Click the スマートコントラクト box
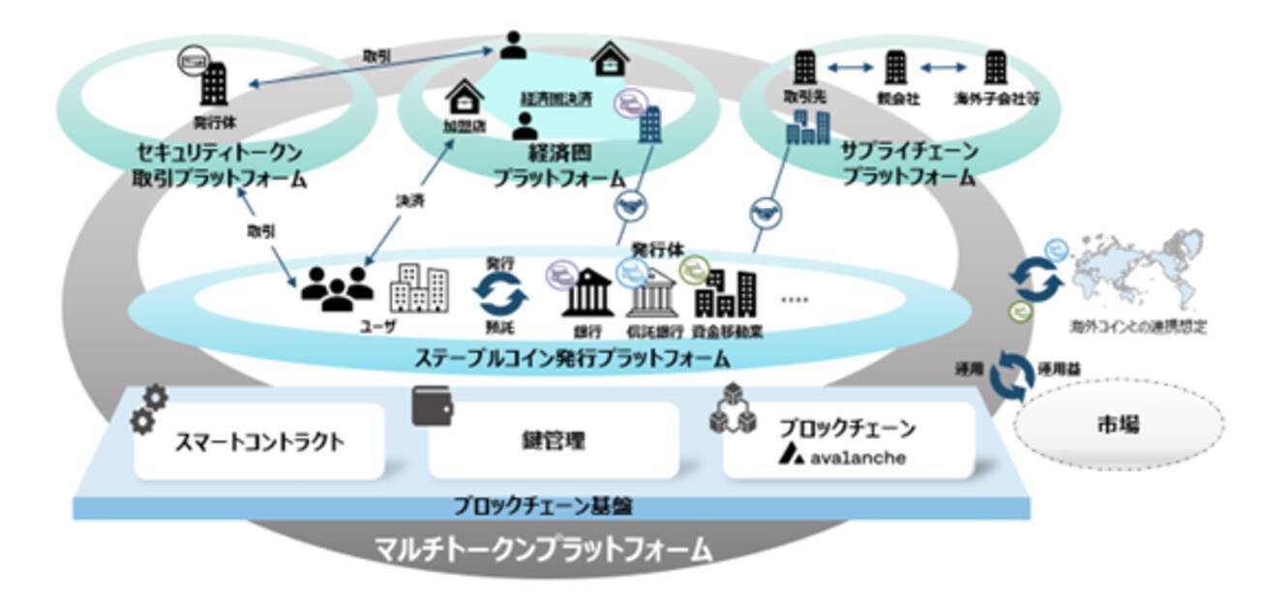[x=258, y=442]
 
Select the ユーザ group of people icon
[x=336, y=286]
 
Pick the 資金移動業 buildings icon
[x=727, y=294]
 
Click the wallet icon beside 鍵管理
[x=433, y=406]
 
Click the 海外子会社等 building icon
[x=995, y=68]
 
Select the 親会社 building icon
[x=894, y=68]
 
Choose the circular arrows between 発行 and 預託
[x=500, y=291]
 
